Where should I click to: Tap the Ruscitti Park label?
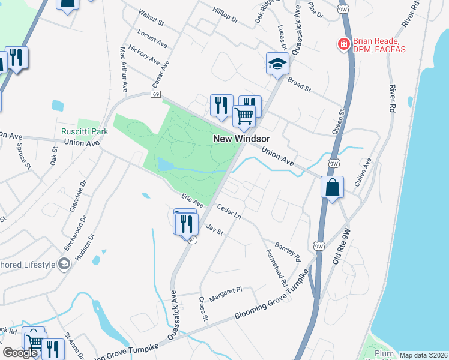[x=84, y=131]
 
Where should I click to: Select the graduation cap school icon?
[x=277, y=63]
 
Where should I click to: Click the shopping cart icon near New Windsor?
[x=244, y=116]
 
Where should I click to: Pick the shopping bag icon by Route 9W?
[x=331, y=188]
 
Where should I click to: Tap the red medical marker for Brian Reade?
[x=343, y=44]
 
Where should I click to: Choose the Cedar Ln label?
[x=229, y=212]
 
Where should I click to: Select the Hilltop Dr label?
[x=226, y=15]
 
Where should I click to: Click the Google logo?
[x=20, y=353]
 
